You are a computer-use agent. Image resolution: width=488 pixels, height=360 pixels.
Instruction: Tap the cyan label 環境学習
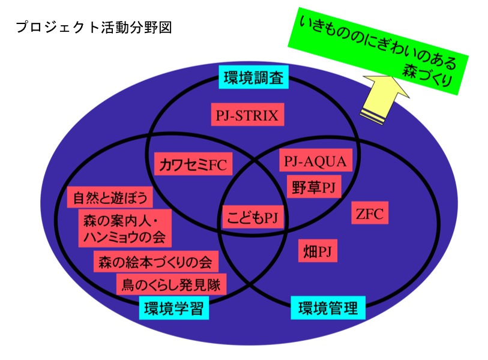pyautogui.click(x=174, y=308)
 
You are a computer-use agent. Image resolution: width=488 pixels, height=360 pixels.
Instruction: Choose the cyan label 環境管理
pyautogui.click(x=328, y=308)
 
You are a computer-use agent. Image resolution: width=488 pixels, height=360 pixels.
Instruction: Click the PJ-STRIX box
pyautogui.click(x=247, y=115)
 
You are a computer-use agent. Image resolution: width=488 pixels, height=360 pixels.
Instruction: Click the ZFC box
pyautogui.click(x=369, y=213)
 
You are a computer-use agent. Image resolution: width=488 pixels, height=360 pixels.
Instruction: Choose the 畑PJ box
pyautogui.click(x=318, y=251)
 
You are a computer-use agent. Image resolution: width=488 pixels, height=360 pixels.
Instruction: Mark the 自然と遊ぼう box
pyautogui.click(x=110, y=197)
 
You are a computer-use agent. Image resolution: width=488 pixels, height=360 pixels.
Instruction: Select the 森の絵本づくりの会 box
pyautogui.click(x=155, y=262)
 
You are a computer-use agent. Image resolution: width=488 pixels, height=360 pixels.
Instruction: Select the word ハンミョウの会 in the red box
pyautogui.click(x=124, y=236)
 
